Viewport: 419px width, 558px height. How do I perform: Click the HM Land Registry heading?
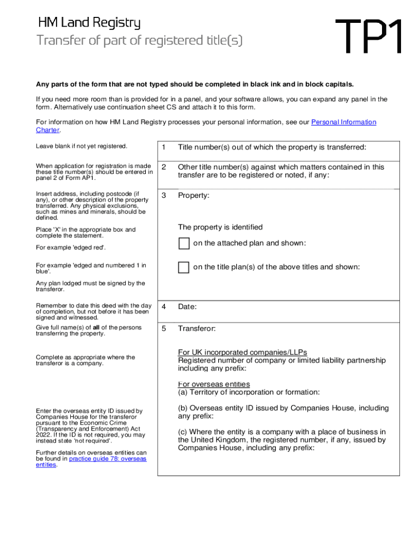pyautogui.click(x=89, y=23)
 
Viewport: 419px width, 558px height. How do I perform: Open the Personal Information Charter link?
pyautogui.click(x=343, y=122)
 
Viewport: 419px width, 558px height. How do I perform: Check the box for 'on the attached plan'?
pyautogui.click(x=184, y=243)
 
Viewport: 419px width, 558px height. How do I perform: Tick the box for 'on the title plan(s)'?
pyautogui.click(x=184, y=267)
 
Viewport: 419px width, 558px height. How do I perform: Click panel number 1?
pyautogui.click(x=163, y=147)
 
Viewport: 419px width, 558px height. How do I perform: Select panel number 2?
pyautogui.click(x=163, y=167)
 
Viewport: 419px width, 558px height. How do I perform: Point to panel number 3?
pyautogui.click(x=163, y=195)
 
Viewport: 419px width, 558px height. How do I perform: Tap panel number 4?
pyautogui.click(x=163, y=307)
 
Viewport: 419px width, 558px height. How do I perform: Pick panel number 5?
pyautogui.click(x=163, y=329)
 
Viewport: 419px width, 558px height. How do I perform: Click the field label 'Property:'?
pyautogui.click(x=194, y=195)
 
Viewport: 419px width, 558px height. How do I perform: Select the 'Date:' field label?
pyautogui.click(x=187, y=307)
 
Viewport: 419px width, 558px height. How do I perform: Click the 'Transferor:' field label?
pyautogui.click(x=196, y=329)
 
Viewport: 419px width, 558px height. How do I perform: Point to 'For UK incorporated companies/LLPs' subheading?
pyautogui.click(x=246, y=352)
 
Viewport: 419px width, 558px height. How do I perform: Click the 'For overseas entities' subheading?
pyautogui.click(x=214, y=384)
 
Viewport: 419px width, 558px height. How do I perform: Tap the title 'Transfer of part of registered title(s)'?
pyautogui.click(x=139, y=41)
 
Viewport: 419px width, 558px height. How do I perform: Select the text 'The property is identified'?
pyautogui.click(x=220, y=227)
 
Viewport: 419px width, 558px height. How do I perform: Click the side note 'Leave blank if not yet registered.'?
pyautogui.click(x=81, y=146)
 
